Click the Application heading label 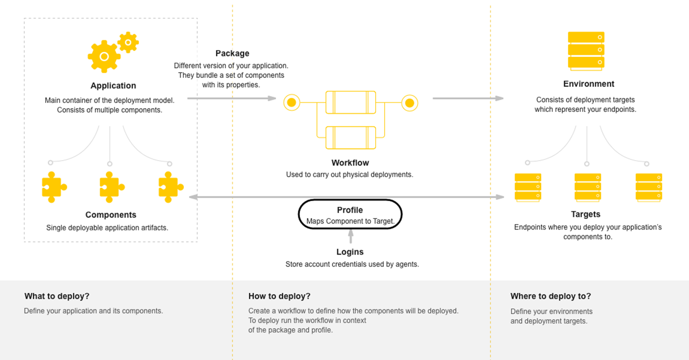click(113, 86)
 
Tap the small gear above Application click(128, 42)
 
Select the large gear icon click(104, 56)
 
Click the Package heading click(232, 54)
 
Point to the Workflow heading click(350, 163)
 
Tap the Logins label click(350, 252)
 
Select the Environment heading click(588, 84)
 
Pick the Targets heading click(586, 214)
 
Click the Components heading click(111, 215)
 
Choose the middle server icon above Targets click(587, 187)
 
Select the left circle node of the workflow click(291, 102)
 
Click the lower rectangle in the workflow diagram click(350, 137)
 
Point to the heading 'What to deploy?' click(57, 296)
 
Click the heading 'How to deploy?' click(279, 296)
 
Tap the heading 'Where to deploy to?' click(550, 296)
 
